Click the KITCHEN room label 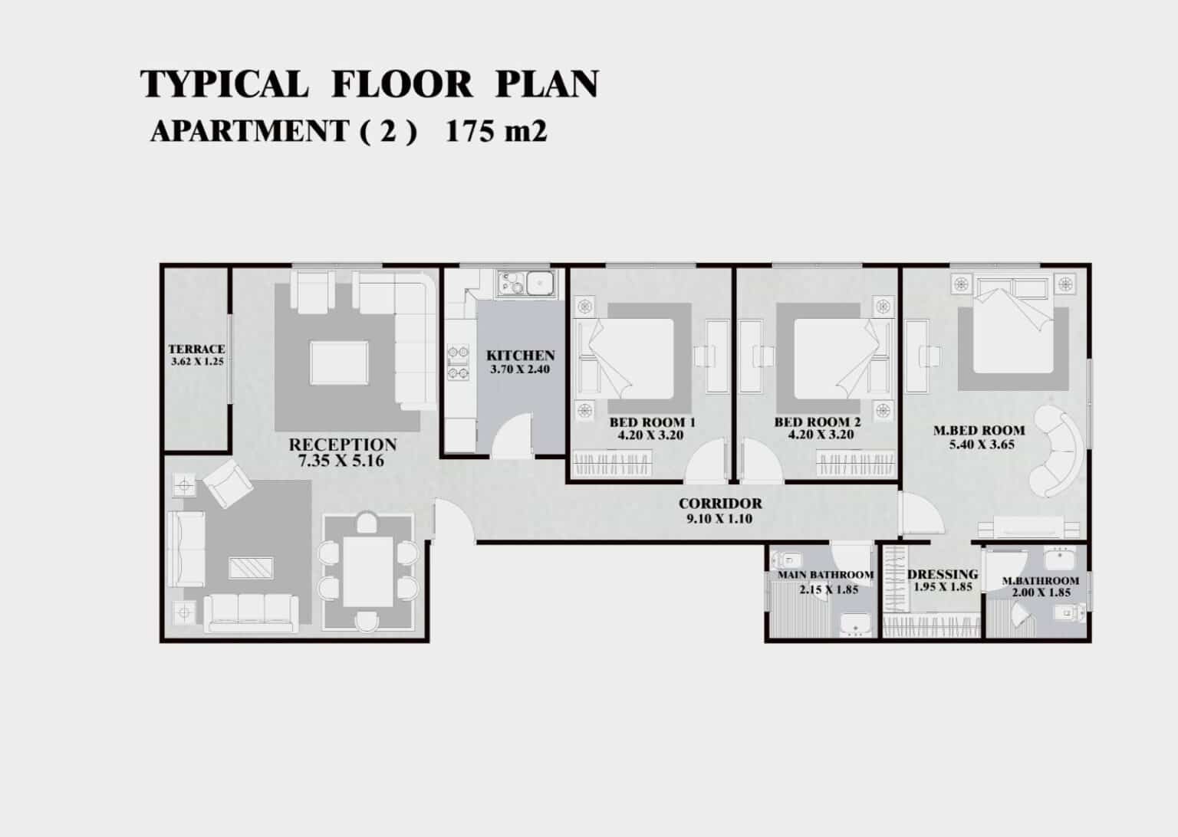(x=520, y=356)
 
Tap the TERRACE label (x=196, y=349)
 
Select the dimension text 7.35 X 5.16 (x=341, y=461)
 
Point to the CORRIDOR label (x=720, y=503)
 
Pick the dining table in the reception (x=367, y=572)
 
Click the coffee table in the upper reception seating (x=339, y=363)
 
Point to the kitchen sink (x=526, y=284)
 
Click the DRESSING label (x=943, y=574)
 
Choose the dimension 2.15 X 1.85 (x=829, y=589)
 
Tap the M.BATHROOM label (x=1040, y=581)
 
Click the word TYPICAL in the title (x=224, y=84)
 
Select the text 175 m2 (x=496, y=131)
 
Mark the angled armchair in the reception (x=228, y=483)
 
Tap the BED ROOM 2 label (x=818, y=422)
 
